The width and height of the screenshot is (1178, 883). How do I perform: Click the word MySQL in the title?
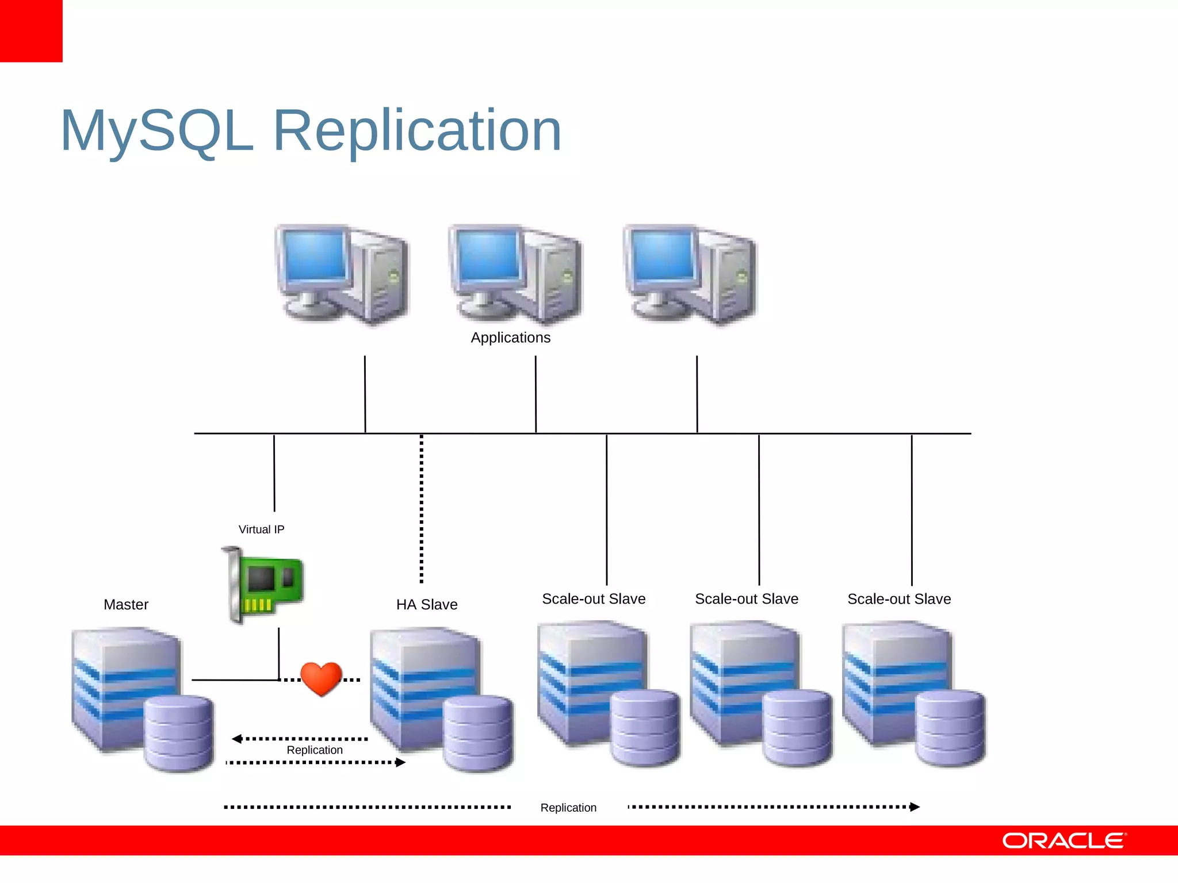157,131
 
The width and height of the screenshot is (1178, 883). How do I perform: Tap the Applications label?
510,337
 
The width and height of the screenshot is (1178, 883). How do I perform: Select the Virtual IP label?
261,529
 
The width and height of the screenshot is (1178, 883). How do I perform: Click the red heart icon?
321,678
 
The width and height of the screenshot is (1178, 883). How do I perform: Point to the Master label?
126,605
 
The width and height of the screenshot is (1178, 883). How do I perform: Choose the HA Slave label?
427,605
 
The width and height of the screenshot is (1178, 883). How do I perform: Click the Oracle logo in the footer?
1064,841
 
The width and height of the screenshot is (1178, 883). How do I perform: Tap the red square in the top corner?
31,31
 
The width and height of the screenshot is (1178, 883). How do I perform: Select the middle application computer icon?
515,275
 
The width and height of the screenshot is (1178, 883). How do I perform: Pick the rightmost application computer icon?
690,275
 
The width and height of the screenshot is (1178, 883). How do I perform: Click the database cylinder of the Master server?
178,732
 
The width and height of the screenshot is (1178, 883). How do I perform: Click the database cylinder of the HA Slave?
477,732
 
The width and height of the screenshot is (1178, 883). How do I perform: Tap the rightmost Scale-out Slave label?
899,599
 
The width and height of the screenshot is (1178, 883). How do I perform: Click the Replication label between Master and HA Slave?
315,750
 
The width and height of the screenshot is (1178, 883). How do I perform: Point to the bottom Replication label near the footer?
568,808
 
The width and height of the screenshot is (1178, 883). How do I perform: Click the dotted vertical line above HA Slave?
422,509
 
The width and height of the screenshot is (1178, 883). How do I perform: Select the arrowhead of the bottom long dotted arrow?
915,807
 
